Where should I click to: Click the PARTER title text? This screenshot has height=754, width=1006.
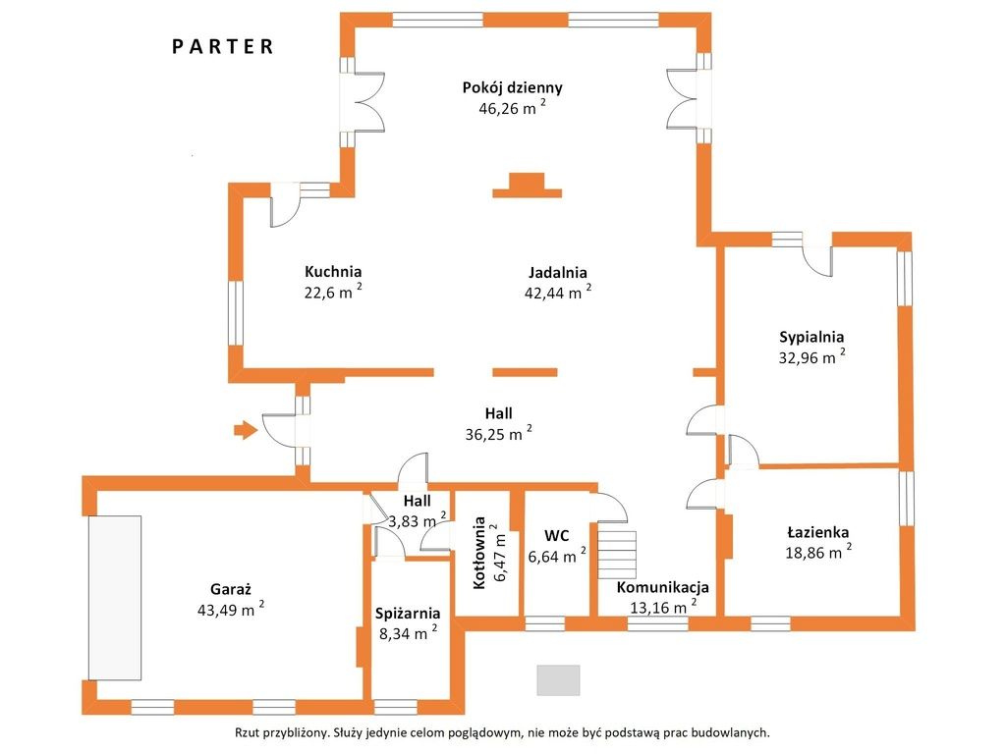[223, 46]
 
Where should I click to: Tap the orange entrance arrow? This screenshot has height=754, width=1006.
[245, 428]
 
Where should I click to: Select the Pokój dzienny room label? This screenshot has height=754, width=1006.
[512, 87]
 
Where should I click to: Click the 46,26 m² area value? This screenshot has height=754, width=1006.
[511, 109]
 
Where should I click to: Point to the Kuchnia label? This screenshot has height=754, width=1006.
[333, 271]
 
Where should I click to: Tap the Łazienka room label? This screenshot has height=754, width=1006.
[817, 532]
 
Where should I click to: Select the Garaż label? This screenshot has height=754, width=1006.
[231, 589]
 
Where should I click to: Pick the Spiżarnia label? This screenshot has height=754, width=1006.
[407, 614]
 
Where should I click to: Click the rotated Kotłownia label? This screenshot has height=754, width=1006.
[479, 553]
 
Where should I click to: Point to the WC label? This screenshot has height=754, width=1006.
[557, 536]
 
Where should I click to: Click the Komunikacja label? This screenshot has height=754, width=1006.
[662, 587]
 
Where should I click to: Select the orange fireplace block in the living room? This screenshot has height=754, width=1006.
[527, 186]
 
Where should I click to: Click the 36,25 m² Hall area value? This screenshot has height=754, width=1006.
[498, 435]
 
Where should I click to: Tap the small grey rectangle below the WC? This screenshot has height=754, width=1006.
[558, 679]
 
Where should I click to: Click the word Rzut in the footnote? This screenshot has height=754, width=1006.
[249, 732]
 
